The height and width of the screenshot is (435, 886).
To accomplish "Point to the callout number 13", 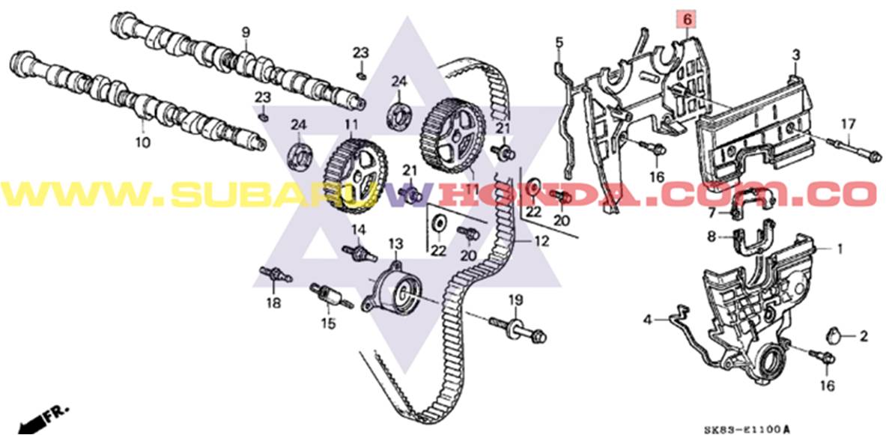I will point(395,243).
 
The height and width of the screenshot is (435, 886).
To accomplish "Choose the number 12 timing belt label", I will point(541,242).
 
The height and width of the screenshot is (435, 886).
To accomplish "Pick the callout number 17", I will point(847,123).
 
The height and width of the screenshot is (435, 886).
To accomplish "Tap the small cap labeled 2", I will point(836,335).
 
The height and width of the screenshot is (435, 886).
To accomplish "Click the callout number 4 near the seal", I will point(647,320).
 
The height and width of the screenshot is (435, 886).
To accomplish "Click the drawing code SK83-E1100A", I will point(747,429).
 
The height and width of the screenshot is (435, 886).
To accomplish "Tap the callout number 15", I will point(328,323).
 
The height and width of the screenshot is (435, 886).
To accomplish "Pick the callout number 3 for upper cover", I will point(795,55).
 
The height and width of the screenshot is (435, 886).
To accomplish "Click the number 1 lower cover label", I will point(840,248).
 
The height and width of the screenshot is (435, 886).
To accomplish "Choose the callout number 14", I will point(359,229).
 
